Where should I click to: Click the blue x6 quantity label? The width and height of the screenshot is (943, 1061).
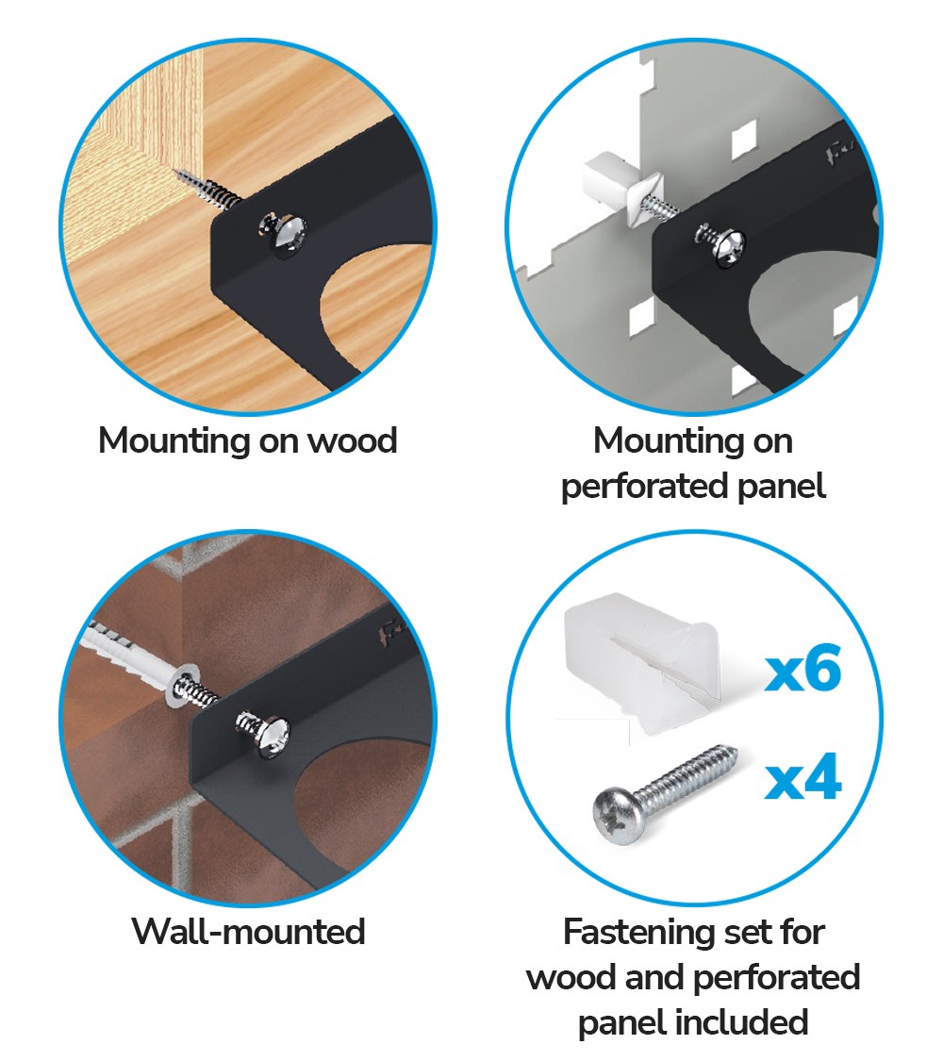coord(803,669)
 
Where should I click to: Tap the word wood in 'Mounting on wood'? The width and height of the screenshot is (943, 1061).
coord(353,440)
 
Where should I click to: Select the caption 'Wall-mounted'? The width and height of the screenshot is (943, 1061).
coord(248,931)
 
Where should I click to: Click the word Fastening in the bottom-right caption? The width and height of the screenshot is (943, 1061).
coord(633,933)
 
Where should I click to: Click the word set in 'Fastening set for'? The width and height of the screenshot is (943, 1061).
coord(739,933)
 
